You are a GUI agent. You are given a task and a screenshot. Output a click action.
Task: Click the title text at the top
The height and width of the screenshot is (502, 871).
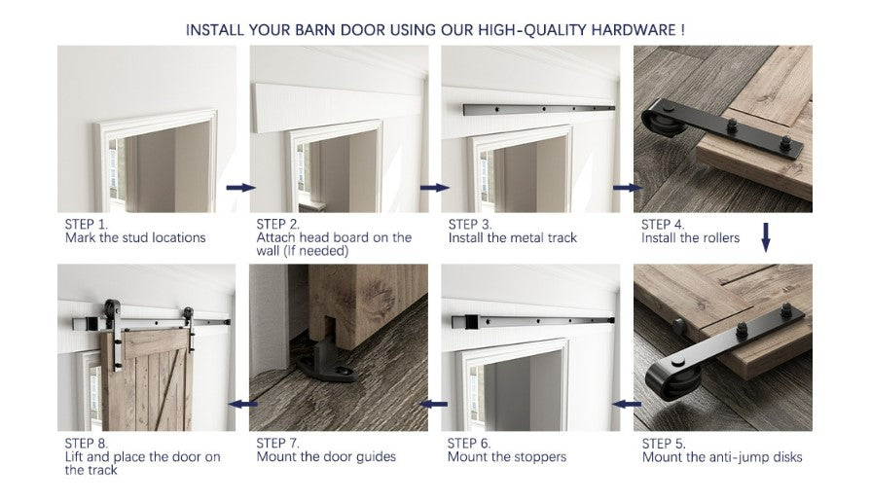point(435,29)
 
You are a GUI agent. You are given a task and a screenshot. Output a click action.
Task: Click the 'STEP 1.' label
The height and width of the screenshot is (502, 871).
point(86,224)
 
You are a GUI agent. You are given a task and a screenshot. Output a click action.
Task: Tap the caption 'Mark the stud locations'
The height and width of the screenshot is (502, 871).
point(135,237)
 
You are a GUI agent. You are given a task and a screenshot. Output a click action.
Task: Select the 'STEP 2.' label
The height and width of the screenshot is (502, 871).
point(277,224)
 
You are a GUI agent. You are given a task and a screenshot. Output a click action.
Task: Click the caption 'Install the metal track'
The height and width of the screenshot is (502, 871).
point(513,237)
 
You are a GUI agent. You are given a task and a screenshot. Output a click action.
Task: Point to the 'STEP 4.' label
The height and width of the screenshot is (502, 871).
point(662,224)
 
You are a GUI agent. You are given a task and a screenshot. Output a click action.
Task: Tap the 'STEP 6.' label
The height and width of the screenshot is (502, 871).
point(469,443)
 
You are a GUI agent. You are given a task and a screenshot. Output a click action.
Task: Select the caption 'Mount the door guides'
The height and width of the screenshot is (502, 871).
point(326,456)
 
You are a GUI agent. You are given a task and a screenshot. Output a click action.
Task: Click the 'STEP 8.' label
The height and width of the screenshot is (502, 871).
point(86,443)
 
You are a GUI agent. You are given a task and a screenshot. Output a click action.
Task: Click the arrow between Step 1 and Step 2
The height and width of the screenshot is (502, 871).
point(241,187)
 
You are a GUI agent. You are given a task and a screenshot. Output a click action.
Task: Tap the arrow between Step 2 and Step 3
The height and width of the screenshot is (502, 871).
point(434,187)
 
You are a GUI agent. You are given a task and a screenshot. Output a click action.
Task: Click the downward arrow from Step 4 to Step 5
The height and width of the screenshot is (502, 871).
point(765,237)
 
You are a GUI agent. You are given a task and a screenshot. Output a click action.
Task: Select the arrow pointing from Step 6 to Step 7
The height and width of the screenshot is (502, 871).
point(434,403)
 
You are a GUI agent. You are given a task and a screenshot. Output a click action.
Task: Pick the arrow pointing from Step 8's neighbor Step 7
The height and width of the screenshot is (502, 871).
point(241,403)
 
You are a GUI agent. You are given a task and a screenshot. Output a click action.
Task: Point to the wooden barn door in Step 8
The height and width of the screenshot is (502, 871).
point(147,379)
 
